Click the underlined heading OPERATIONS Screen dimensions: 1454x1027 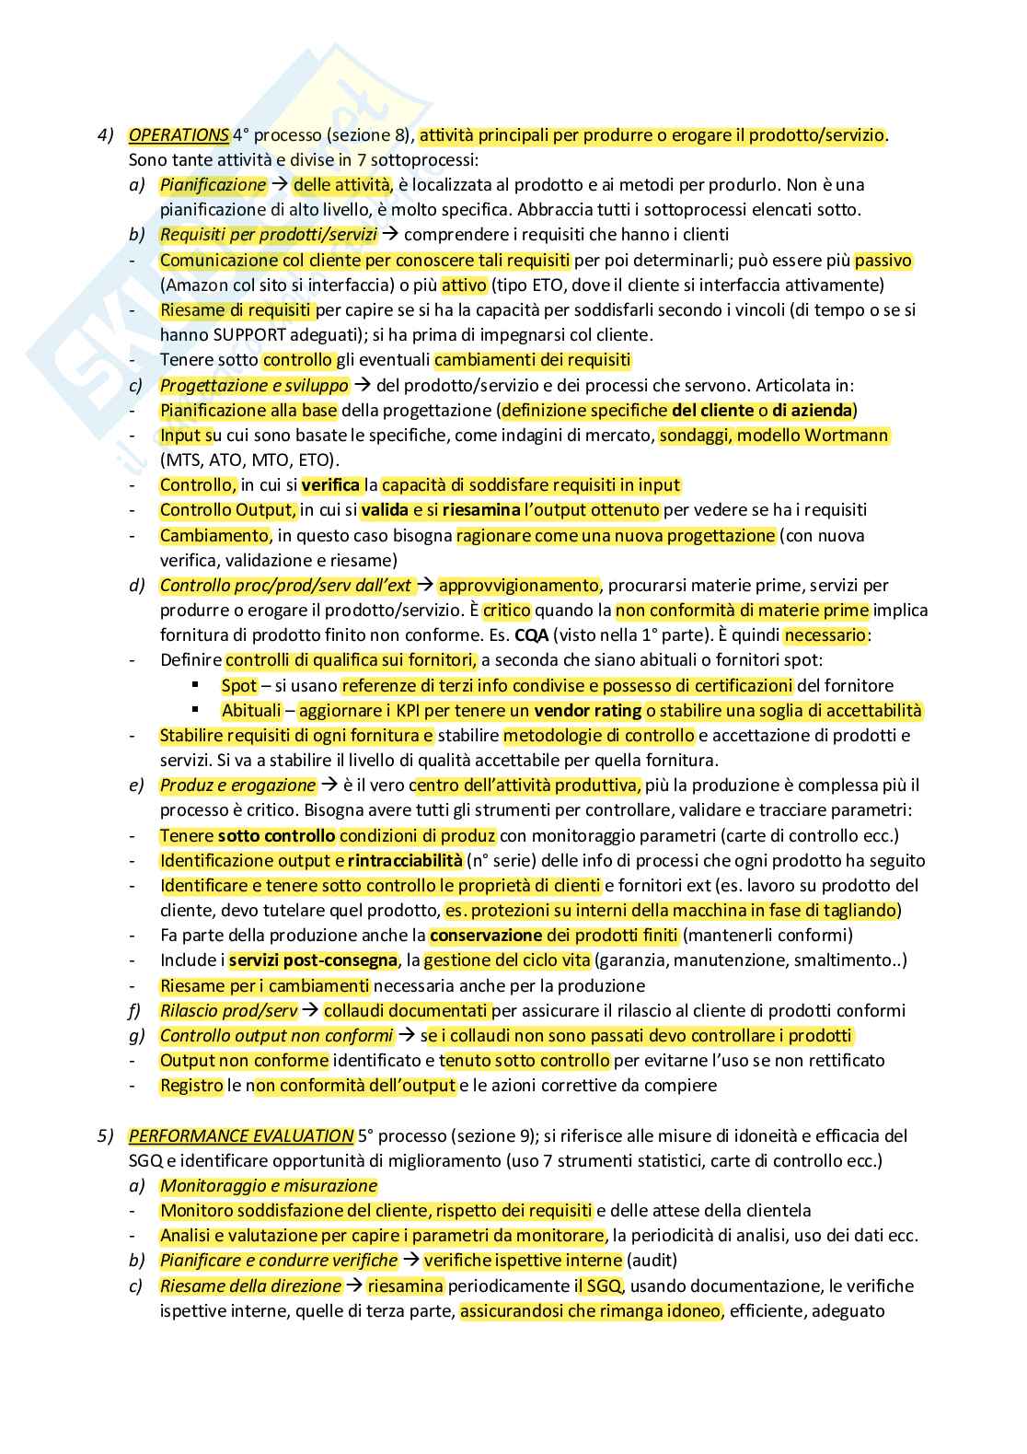point(179,135)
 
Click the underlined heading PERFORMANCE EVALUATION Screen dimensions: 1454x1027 point(241,1135)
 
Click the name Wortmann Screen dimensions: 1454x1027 point(847,435)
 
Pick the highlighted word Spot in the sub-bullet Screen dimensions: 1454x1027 point(239,685)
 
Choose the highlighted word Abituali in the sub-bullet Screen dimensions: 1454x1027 point(251,710)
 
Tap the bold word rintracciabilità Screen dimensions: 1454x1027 point(405,860)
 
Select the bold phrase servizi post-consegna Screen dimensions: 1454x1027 point(314,960)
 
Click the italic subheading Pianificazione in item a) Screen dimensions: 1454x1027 point(213,184)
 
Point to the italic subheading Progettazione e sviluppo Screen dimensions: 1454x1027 point(254,385)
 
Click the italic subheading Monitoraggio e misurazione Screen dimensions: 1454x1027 point(269,1186)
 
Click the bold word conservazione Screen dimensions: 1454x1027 point(486,936)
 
